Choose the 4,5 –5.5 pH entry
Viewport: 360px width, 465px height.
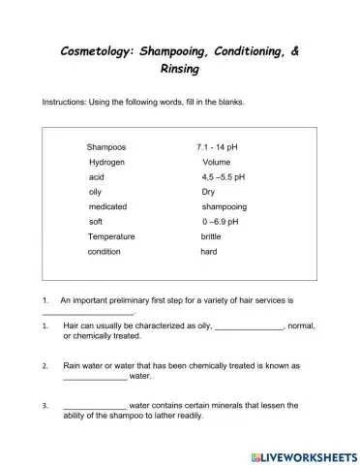(224, 177)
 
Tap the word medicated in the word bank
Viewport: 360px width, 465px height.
(107, 206)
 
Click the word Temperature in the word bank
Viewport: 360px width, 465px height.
(111, 236)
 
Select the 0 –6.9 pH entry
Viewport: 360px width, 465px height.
(221, 222)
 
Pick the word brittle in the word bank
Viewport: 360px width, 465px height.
(211, 236)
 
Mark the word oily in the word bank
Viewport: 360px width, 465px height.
(96, 192)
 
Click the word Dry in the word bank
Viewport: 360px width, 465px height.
(208, 192)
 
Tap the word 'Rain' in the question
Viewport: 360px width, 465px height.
(74, 366)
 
